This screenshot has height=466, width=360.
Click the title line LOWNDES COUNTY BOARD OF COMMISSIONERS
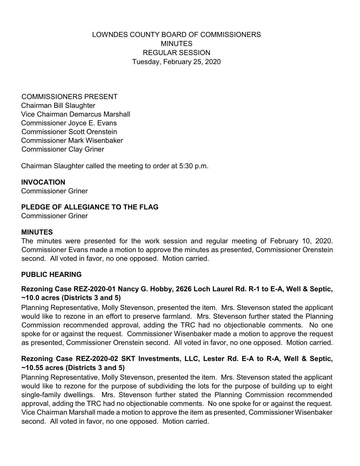tap(176, 35)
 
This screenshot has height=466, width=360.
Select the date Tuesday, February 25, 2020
tap(176, 62)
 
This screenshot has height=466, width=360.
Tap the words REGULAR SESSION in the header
tap(176, 53)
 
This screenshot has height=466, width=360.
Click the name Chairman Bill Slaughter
tap(58, 106)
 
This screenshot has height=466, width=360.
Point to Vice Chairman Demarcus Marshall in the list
tap(76, 114)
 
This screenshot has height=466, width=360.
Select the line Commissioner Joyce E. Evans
tap(69, 123)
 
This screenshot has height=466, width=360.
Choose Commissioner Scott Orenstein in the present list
tap(69, 132)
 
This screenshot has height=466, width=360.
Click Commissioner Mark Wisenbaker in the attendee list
tap(72, 141)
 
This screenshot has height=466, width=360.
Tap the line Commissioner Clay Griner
tap(63, 149)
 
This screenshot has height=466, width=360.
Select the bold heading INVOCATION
tap(43, 182)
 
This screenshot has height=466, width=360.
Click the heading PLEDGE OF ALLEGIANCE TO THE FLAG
tap(90, 207)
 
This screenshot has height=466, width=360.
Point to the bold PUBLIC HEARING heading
tap(51, 274)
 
